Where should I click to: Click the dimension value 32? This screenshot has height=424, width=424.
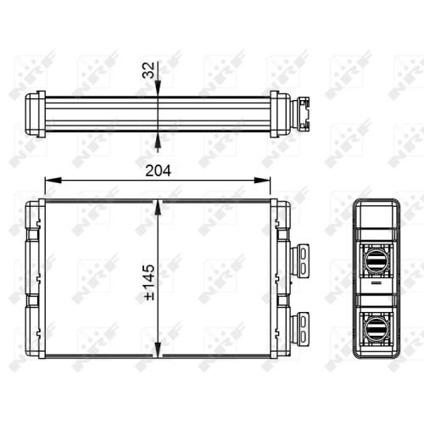[149, 70]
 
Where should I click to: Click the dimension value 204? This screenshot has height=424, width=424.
[158, 170]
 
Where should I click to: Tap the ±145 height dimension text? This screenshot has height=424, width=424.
[149, 282]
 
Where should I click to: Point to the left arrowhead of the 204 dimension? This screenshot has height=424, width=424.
[53, 180]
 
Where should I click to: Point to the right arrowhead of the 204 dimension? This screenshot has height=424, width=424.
[262, 180]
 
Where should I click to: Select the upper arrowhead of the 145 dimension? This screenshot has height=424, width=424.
[158, 209]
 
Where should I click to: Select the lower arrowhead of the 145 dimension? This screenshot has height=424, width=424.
[158, 349]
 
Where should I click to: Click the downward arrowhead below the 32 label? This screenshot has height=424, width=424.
[158, 88]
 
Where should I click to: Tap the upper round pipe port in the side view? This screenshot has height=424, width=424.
[377, 261]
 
